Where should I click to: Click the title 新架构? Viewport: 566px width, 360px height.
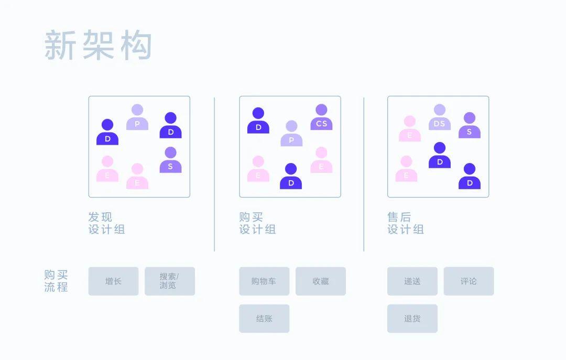(x=98, y=46)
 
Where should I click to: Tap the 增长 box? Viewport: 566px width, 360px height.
(x=113, y=281)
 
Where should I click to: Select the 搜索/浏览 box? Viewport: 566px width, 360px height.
(x=169, y=281)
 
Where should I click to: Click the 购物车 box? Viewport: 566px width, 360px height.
(x=264, y=281)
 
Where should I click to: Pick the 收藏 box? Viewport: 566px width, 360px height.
(x=320, y=281)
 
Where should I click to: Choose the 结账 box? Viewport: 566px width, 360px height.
(x=264, y=319)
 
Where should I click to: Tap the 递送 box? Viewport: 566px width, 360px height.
(x=412, y=281)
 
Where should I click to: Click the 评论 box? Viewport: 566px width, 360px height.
(x=469, y=281)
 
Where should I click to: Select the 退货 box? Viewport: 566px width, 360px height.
(x=412, y=319)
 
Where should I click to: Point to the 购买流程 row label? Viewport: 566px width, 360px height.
(x=56, y=281)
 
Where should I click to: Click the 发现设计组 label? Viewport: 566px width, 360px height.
(x=107, y=223)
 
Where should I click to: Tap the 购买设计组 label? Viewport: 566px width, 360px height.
(x=257, y=223)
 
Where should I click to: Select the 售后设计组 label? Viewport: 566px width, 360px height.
(x=406, y=223)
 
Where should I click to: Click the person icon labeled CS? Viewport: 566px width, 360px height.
(x=321, y=118)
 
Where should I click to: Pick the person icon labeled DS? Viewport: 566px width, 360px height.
(x=440, y=118)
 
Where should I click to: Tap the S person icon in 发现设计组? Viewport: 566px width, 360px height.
(x=170, y=160)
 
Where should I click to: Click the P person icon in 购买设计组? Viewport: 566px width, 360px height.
(x=291, y=134)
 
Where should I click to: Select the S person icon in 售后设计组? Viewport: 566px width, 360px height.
(x=470, y=126)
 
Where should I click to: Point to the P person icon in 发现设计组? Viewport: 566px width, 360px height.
(x=137, y=118)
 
